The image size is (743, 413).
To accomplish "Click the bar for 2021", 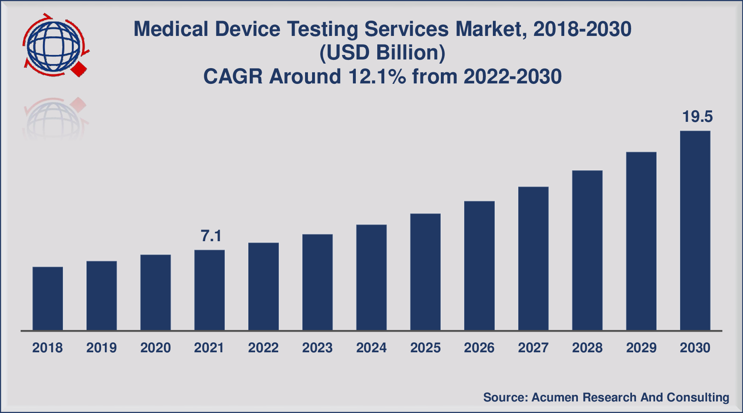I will point(209,290).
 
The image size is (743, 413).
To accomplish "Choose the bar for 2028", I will point(587,250).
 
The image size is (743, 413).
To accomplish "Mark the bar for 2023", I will point(317,282).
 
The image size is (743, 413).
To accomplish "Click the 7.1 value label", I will point(211,236).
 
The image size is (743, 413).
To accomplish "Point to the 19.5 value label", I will point(697,116).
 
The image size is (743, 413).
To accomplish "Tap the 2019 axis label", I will point(101,348).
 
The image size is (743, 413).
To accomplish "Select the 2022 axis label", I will point(263,348).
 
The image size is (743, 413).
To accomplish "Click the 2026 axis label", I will point(479,348).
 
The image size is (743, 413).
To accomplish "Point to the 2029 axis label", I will point(641,348).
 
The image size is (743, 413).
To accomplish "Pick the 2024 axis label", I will point(371,348).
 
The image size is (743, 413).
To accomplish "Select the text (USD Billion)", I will point(382,53).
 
